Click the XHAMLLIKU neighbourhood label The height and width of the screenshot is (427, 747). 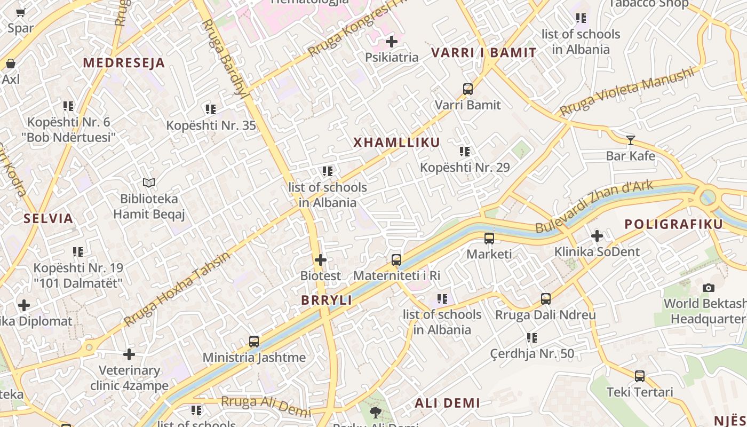[396, 143]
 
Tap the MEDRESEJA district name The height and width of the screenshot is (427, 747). [124, 63]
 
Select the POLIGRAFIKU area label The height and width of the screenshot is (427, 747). [673, 224]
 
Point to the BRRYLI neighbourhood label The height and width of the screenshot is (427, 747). [327, 301]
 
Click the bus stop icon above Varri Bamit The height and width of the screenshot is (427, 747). [468, 89]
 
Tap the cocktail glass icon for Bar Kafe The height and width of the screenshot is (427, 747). [631, 140]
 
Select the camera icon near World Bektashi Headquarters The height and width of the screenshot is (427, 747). [709, 288]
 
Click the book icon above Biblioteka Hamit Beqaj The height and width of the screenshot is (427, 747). [149, 183]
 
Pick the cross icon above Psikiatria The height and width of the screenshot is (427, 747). [392, 41]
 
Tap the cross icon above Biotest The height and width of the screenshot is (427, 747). [320, 260]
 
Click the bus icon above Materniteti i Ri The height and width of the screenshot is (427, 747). [396, 260]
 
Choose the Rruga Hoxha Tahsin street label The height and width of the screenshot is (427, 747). [177, 289]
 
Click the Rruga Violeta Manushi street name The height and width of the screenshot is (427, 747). [627, 92]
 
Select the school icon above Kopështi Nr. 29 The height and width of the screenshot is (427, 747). [465, 152]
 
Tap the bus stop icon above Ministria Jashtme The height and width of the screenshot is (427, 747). [254, 342]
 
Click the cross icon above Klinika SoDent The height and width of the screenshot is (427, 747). [597, 235]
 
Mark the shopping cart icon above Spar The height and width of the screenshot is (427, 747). [21, 13]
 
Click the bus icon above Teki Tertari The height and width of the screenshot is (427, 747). [640, 376]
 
